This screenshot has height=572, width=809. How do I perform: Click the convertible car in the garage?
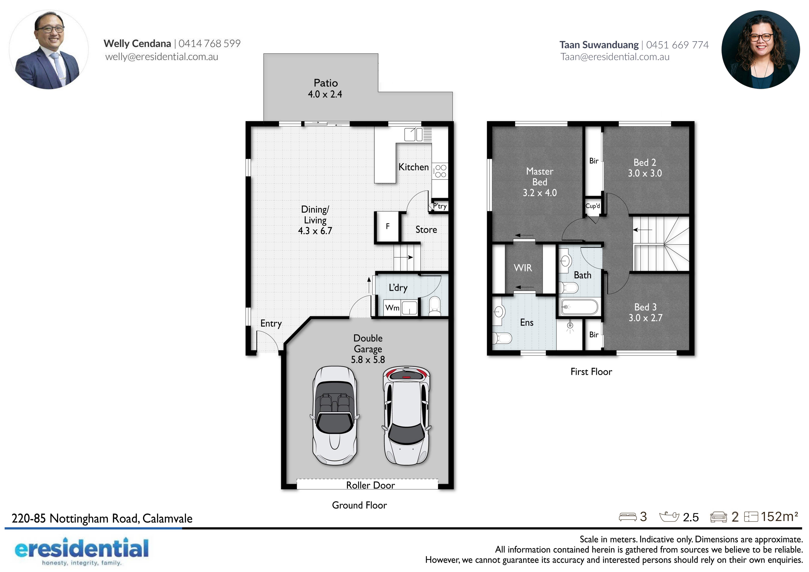(x=335, y=416)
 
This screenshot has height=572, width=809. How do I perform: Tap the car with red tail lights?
(x=406, y=416)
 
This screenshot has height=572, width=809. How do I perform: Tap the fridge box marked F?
(x=387, y=226)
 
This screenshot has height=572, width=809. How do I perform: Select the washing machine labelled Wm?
(x=392, y=307)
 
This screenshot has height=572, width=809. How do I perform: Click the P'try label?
(x=440, y=206)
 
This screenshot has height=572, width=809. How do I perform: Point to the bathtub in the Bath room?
(x=579, y=307)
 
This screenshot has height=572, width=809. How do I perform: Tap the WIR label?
(x=523, y=268)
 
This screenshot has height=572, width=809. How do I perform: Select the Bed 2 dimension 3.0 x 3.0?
(x=645, y=173)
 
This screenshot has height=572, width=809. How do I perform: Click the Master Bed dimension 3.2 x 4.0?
(x=539, y=193)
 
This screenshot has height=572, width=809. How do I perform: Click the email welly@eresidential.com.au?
(x=162, y=57)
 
